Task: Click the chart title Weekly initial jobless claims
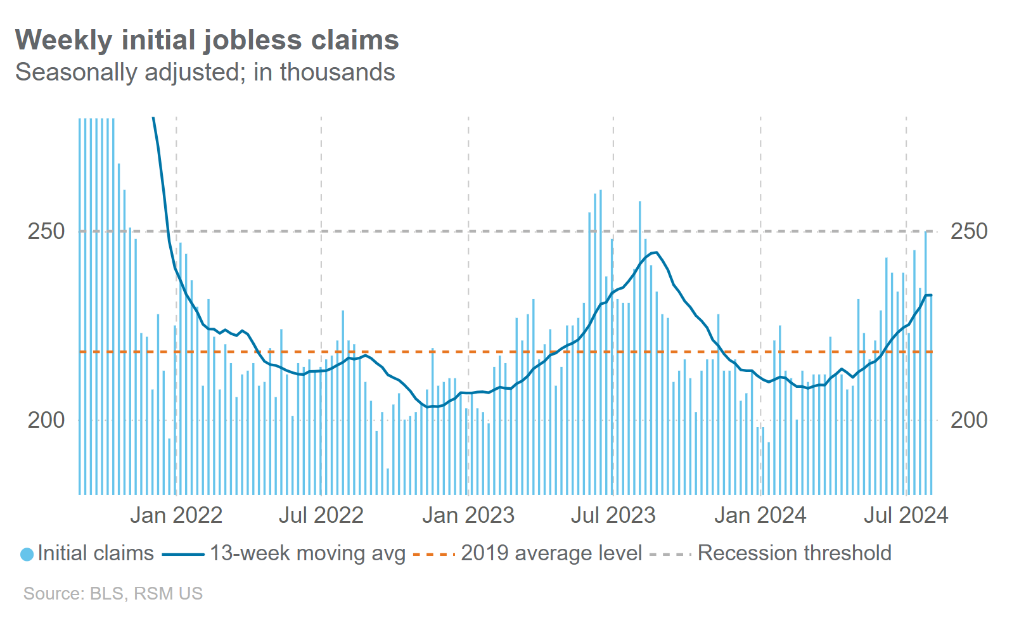point(207,40)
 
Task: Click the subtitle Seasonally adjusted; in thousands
point(205,72)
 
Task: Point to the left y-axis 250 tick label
point(46,231)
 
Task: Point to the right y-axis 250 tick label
point(968,231)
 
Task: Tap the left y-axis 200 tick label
point(46,420)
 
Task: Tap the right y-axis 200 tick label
point(968,420)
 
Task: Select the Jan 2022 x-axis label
point(176,515)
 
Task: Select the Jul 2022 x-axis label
point(321,515)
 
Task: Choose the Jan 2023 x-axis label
point(468,515)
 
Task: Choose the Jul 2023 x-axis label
point(613,515)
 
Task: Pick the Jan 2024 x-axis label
point(760,515)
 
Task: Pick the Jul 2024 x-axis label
point(906,515)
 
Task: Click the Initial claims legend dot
point(27,554)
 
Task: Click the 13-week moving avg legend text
point(307,553)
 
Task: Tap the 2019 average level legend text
point(551,553)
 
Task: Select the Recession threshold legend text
point(794,553)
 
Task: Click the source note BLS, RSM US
point(113,594)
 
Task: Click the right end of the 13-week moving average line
point(931,295)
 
